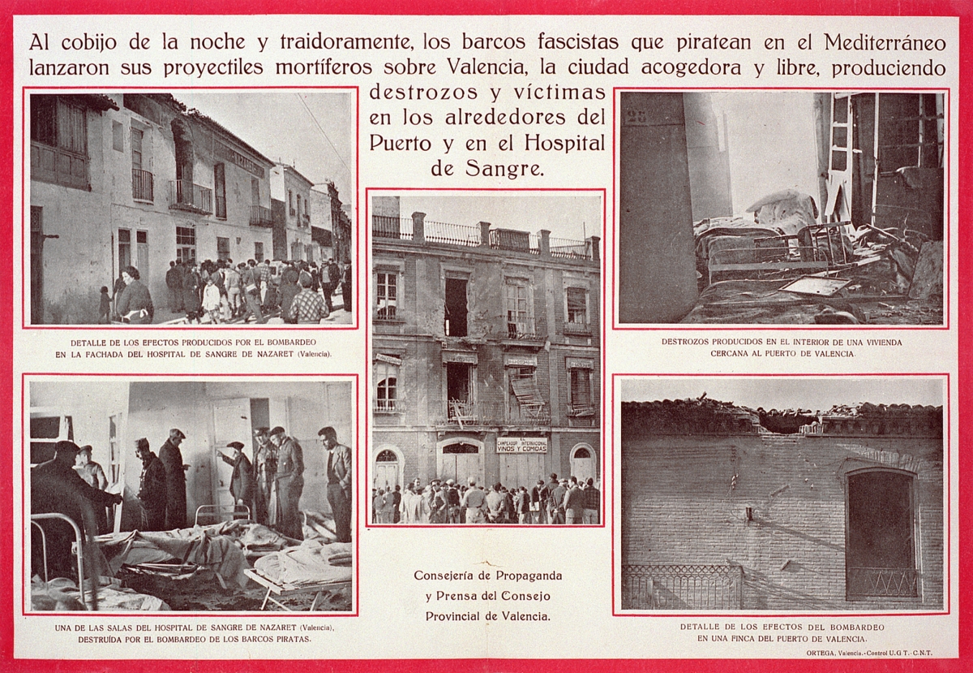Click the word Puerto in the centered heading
click(409, 143)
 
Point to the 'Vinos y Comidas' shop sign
click(521, 445)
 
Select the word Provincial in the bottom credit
click(461, 616)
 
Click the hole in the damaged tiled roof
click(782, 421)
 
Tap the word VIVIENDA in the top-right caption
click(880, 342)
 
